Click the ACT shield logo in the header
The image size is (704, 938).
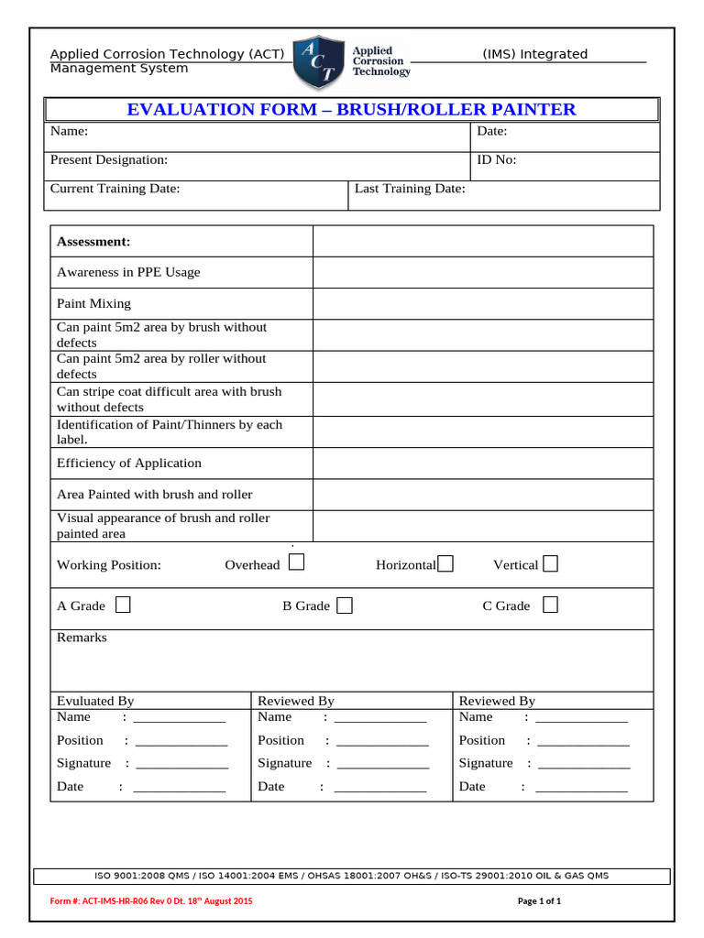[x=320, y=62]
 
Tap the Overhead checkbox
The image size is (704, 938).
[x=296, y=563]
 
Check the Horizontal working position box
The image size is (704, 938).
[x=445, y=564]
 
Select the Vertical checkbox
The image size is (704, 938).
[x=550, y=564]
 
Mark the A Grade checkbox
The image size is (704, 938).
[x=123, y=605]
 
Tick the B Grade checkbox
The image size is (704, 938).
[x=345, y=605]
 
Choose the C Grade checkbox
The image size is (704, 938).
[x=550, y=605]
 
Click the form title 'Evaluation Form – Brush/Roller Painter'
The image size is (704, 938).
[x=351, y=110]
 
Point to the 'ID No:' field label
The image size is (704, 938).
[x=497, y=159]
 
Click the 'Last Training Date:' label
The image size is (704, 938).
[x=410, y=189]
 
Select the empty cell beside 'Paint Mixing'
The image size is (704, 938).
[x=483, y=304]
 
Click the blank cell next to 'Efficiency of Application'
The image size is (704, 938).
[x=483, y=464]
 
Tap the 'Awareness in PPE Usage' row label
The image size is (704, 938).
[x=128, y=272]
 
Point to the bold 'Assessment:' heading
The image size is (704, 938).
[x=93, y=242]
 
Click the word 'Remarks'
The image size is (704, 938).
[x=82, y=638]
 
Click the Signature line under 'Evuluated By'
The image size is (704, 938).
[x=181, y=764]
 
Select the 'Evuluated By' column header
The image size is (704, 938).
[x=95, y=701]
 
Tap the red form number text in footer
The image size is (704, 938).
[x=151, y=901]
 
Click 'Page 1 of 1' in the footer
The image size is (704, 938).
[x=539, y=901]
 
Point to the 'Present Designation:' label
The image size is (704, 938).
[x=109, y=159]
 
